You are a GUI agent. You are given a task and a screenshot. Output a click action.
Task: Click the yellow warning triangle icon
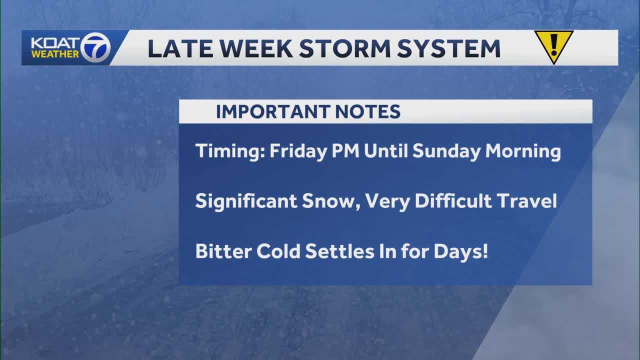(553, 46)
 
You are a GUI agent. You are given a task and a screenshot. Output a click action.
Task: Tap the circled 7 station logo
(96, 47)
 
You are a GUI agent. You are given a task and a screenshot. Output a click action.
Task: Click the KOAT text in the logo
(51, 43)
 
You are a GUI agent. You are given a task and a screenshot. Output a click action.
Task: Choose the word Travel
(529, 201)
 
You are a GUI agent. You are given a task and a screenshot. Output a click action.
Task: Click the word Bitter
(223, 251)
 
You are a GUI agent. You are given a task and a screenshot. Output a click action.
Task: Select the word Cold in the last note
(278, 251)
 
